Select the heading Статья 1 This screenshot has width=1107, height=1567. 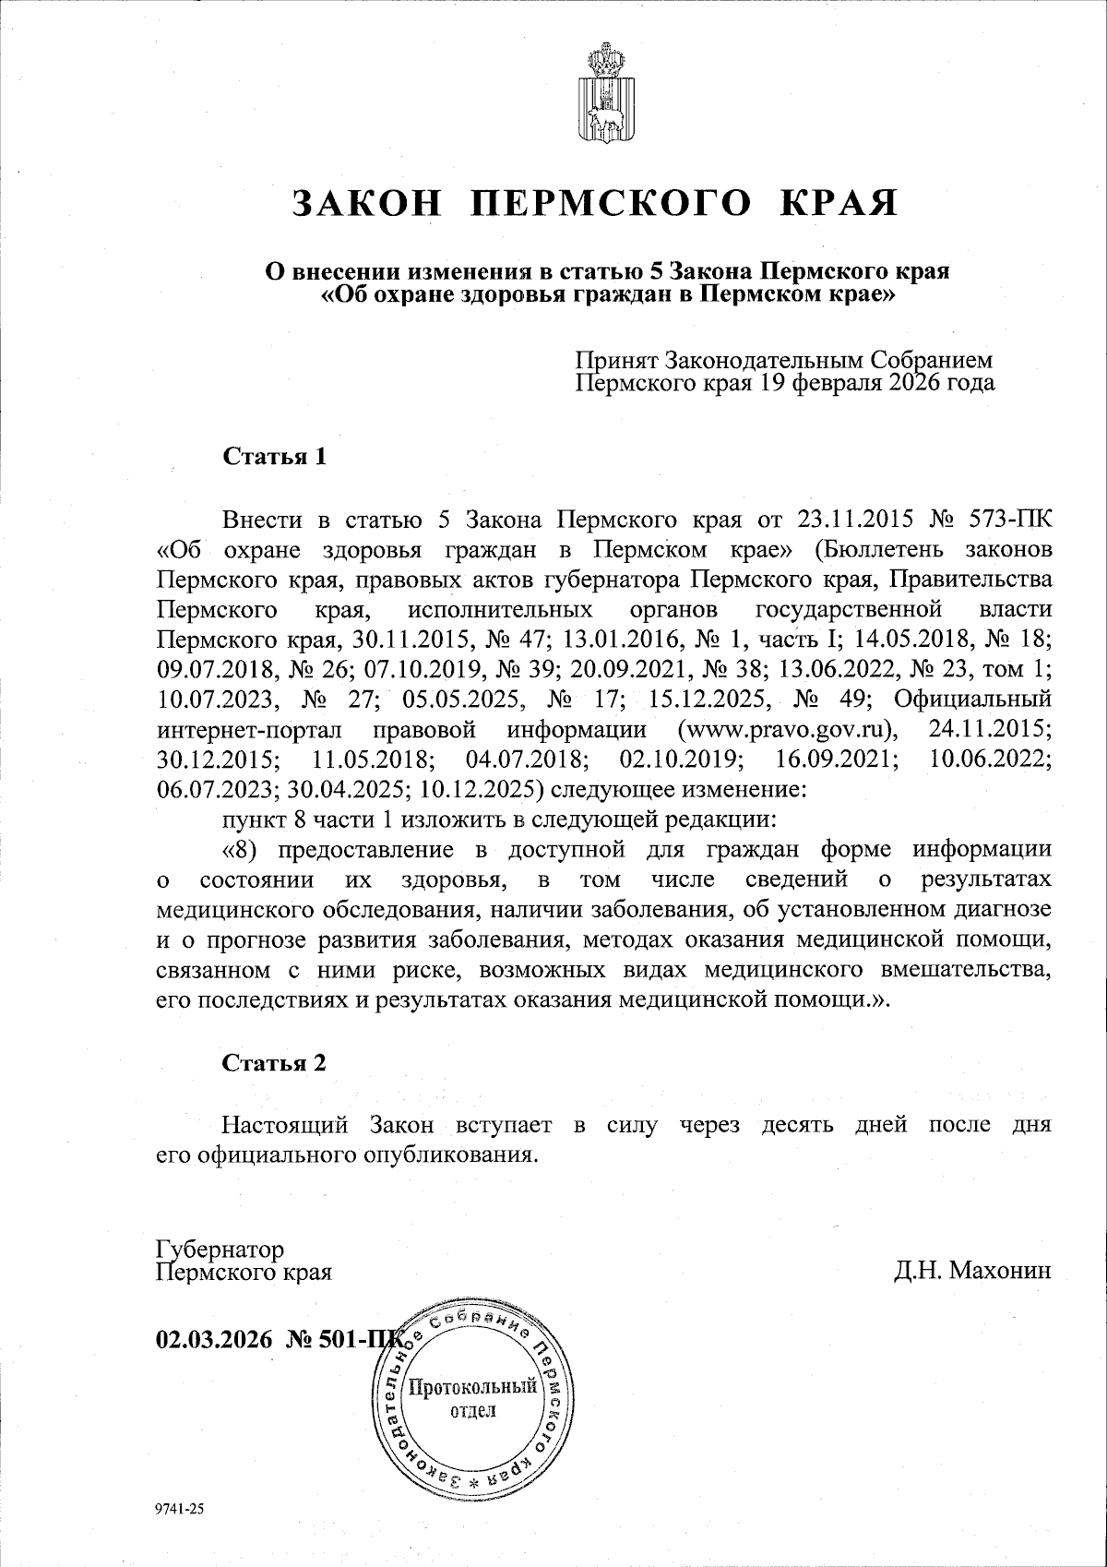(274, 456)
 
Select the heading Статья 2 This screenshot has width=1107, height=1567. (274, 1062)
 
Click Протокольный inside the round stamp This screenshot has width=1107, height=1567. (473, 1386)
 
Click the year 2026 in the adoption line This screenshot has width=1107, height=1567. (918, 382)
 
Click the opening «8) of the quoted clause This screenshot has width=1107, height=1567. (239, 849)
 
